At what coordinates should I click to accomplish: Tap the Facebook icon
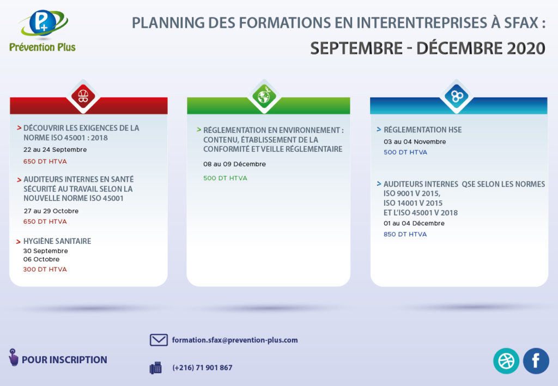coord(536,361)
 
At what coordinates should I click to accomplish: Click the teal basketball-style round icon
coord(506,361)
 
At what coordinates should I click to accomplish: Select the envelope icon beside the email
coord(159,340)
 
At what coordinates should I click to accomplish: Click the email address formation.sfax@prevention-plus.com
coord(235,340)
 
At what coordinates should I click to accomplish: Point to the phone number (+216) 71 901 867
coord(202,367)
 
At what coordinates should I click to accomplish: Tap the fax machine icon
coord(155,368)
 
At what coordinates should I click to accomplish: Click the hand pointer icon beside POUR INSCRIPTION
coord(13,357)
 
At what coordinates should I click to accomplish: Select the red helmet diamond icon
coord(83,96)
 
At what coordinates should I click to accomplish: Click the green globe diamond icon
coord(264,96)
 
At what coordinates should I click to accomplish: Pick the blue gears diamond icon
coord(457,96)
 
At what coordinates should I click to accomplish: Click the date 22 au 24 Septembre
coord(55,150)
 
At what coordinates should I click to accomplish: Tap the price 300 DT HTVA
coord(45,269)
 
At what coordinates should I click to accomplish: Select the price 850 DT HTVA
coord(405,234)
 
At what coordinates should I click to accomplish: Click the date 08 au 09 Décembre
coord(234,164)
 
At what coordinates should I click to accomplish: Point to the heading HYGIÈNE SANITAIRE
coord(57,241)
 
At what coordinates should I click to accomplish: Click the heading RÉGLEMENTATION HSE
coord(423,130)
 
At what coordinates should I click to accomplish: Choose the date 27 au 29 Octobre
coord(51,211)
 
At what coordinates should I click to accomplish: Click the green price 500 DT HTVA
coord(225,178)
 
